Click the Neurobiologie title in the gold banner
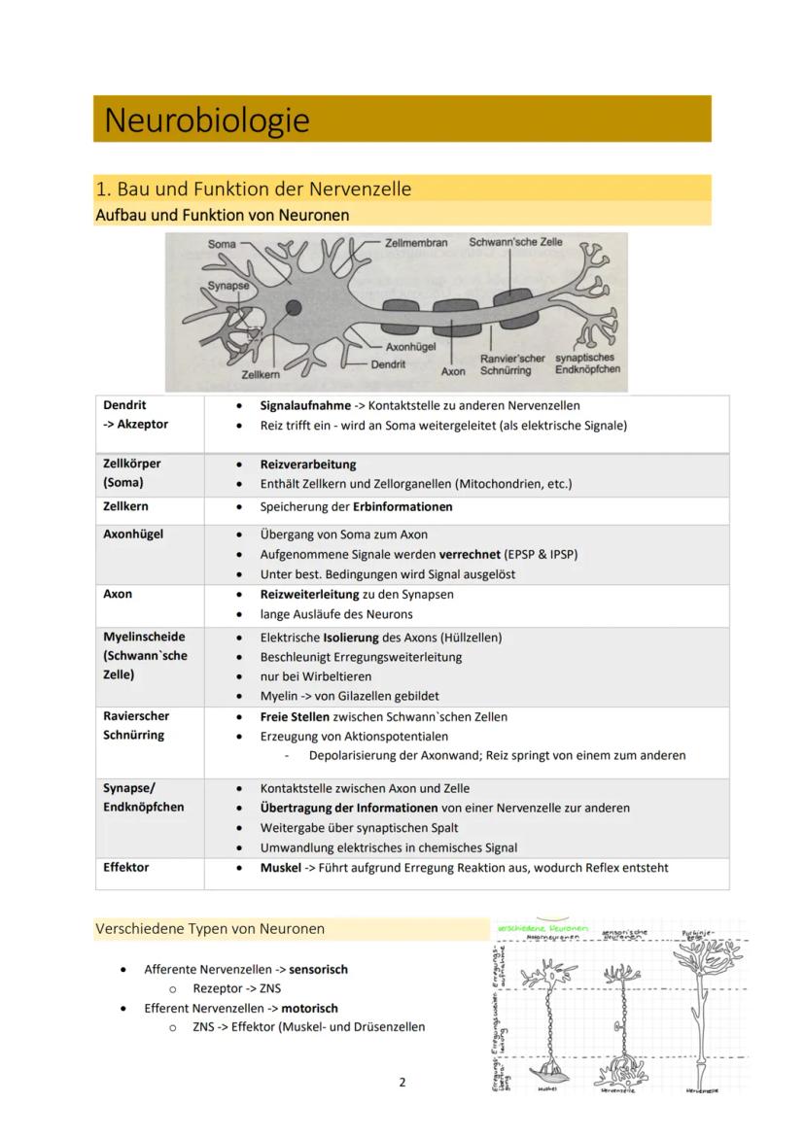(206, 121)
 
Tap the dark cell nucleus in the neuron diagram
(293, 308)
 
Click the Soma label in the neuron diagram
(221, 243)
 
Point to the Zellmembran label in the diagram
(416, 243)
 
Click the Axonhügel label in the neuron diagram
(410, 346)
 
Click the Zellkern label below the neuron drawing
(261, 374)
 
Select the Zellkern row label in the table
(125, 506)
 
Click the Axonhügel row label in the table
(133, 534)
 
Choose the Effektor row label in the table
(126, 867)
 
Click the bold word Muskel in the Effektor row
(280, 868)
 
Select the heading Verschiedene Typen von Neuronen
(210, 928)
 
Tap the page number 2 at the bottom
(402, 1082)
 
